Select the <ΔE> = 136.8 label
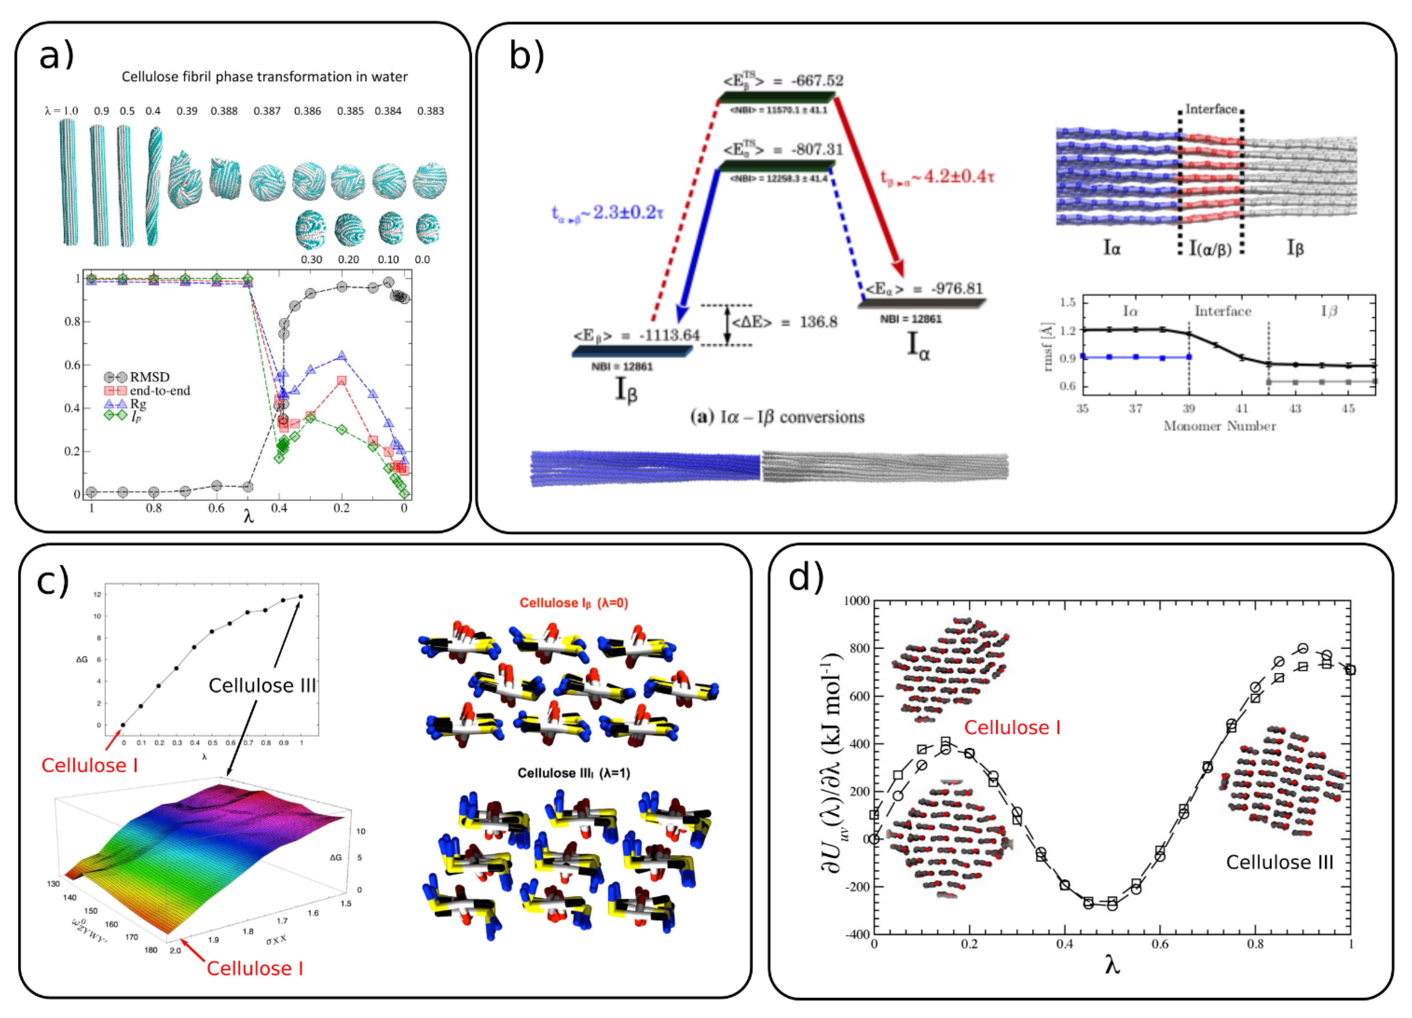pos(785,322)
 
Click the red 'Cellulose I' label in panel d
pos(1012,727)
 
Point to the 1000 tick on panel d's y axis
pos(856,601)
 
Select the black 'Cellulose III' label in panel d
pos(1280,862)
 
